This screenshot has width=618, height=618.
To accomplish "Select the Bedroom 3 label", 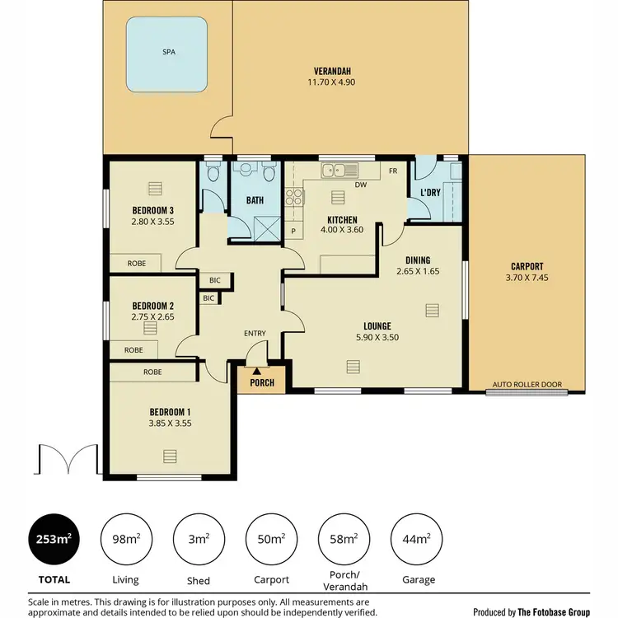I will click(152, 209).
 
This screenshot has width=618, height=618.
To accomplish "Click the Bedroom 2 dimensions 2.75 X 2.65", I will click(152, 316).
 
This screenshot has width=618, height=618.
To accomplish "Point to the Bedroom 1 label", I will click(170, 412).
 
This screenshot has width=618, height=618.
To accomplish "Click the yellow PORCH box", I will click(262, 382).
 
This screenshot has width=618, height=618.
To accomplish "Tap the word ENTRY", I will click(255, 333).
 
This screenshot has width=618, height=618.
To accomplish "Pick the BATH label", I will click(254, 199).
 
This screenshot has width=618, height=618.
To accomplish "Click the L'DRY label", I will click(430, 193).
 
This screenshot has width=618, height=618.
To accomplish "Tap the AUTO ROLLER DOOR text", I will click(537, 385).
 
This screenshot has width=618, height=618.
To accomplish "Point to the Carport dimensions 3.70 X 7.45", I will click(527, 279).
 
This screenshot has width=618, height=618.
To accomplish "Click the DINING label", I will click(417, 260).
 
